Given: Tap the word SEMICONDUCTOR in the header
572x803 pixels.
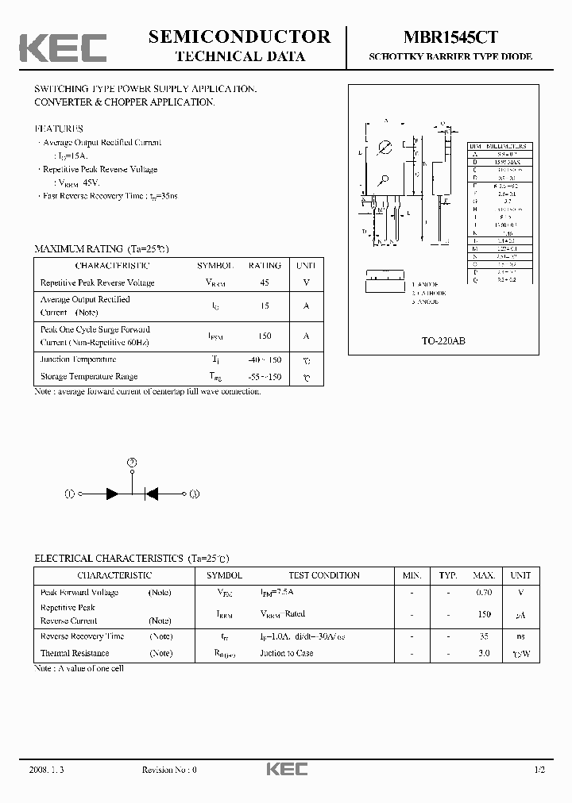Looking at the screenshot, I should click(239, 36).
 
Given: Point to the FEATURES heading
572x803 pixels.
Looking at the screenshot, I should click(59, 128).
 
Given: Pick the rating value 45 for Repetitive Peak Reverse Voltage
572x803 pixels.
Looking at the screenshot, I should click(265, 282).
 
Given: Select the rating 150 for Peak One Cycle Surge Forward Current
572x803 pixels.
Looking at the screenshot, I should click(265, 336).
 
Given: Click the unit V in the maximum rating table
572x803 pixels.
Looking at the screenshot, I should click(306, 282).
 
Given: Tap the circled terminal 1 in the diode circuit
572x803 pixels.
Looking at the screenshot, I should click(69, 494).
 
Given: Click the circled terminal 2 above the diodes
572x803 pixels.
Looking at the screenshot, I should click(133, 462).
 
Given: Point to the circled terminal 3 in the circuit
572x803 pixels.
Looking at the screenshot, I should click(194, 494).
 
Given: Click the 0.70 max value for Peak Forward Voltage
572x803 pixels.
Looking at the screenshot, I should click(483, 592).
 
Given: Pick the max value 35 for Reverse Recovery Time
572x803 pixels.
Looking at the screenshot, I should click(483, 636).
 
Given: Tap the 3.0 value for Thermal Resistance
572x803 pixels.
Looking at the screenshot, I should click(483, 653).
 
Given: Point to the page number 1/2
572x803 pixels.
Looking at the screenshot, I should click(539, 770).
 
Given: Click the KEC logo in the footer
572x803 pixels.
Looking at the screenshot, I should click(286, 770).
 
